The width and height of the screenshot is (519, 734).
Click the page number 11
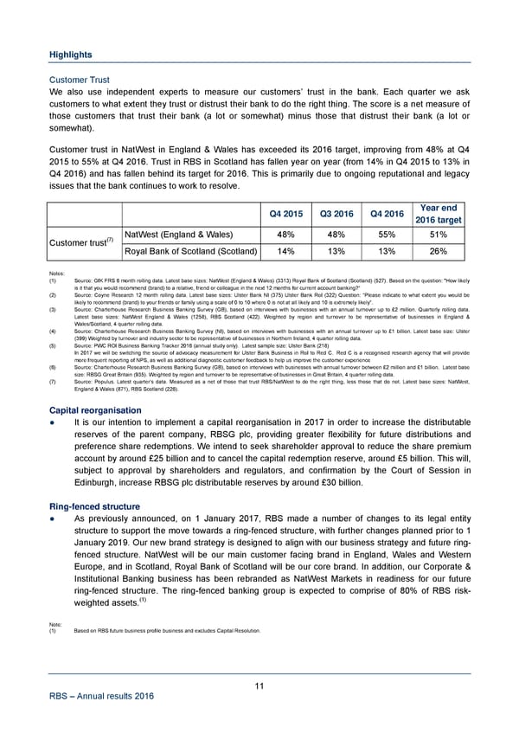[x=259, y=686]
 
